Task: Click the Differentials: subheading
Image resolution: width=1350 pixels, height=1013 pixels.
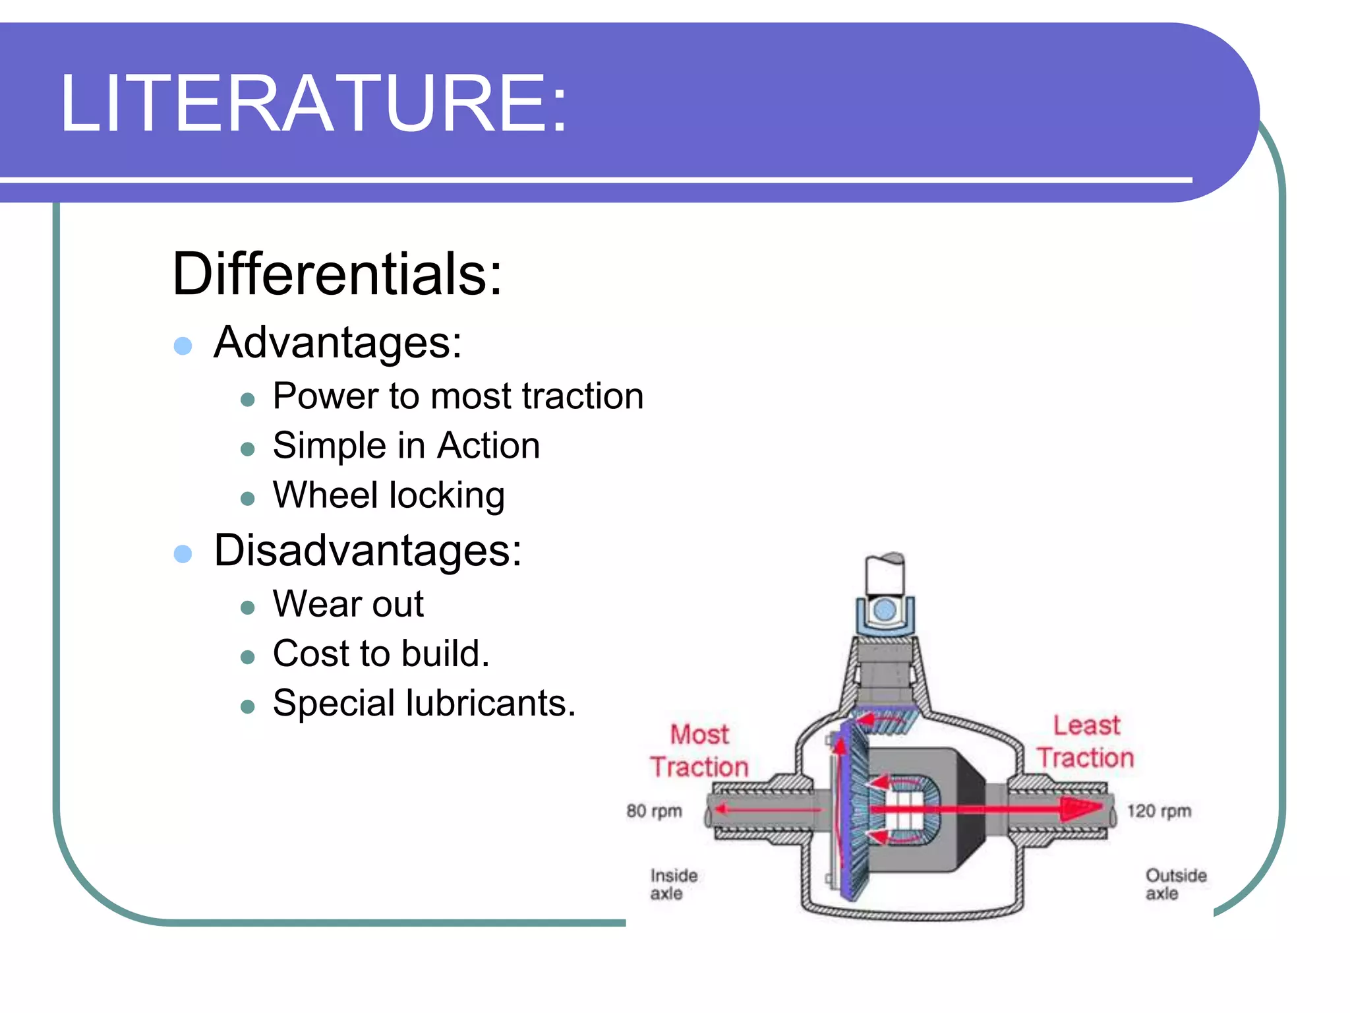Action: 337,274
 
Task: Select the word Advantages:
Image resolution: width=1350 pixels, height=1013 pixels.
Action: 337,343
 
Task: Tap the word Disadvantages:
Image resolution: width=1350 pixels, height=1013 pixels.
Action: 367,551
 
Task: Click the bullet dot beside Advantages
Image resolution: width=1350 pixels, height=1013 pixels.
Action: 183,346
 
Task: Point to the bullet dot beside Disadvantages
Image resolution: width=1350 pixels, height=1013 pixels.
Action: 183,553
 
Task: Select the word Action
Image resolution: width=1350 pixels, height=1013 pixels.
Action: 488,446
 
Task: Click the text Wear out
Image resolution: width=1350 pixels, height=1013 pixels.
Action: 348,604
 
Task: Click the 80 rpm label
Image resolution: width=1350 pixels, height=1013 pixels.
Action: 654,811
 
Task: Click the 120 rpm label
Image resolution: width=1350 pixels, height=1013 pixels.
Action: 1159,811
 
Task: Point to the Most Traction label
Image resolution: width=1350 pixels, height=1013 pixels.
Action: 699,751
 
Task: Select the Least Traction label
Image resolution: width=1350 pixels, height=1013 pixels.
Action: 1086,741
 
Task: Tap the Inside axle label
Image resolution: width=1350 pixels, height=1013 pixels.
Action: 673,884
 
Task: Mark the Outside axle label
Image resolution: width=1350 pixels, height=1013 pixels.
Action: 1175,884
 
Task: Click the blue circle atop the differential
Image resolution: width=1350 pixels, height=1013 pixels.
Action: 885,610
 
